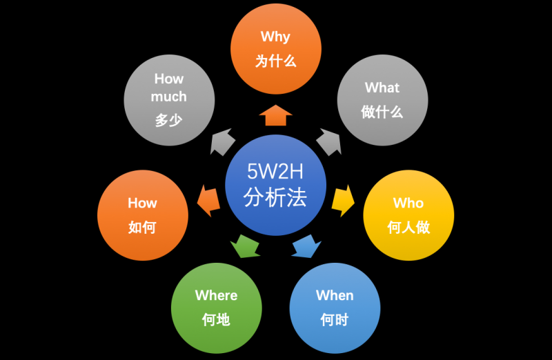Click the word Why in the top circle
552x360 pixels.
click(275, 37)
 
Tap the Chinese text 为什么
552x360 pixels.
click(275, 61)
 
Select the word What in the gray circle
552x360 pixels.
click(382, 88)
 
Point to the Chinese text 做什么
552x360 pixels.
click(382, 112)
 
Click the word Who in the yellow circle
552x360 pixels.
click(408, 203)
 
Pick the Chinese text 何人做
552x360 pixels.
click(408, 227)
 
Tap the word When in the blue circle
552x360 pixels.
click(335, 295)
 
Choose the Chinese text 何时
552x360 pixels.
click(335, 319)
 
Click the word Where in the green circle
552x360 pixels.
click(216, 295)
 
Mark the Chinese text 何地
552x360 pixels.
click(216, 319)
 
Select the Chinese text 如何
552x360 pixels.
click(142, 227)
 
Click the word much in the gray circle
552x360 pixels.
click(169, 97)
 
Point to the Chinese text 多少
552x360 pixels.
click(169, 121)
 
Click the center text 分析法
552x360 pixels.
click(275, 198)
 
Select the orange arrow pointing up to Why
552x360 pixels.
click(275, 114)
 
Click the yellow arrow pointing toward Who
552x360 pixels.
click(342, 201)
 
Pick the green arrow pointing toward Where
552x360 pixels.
click(244, 245)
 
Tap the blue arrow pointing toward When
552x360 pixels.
click(306, 246)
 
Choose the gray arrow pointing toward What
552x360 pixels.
click(329, 142)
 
